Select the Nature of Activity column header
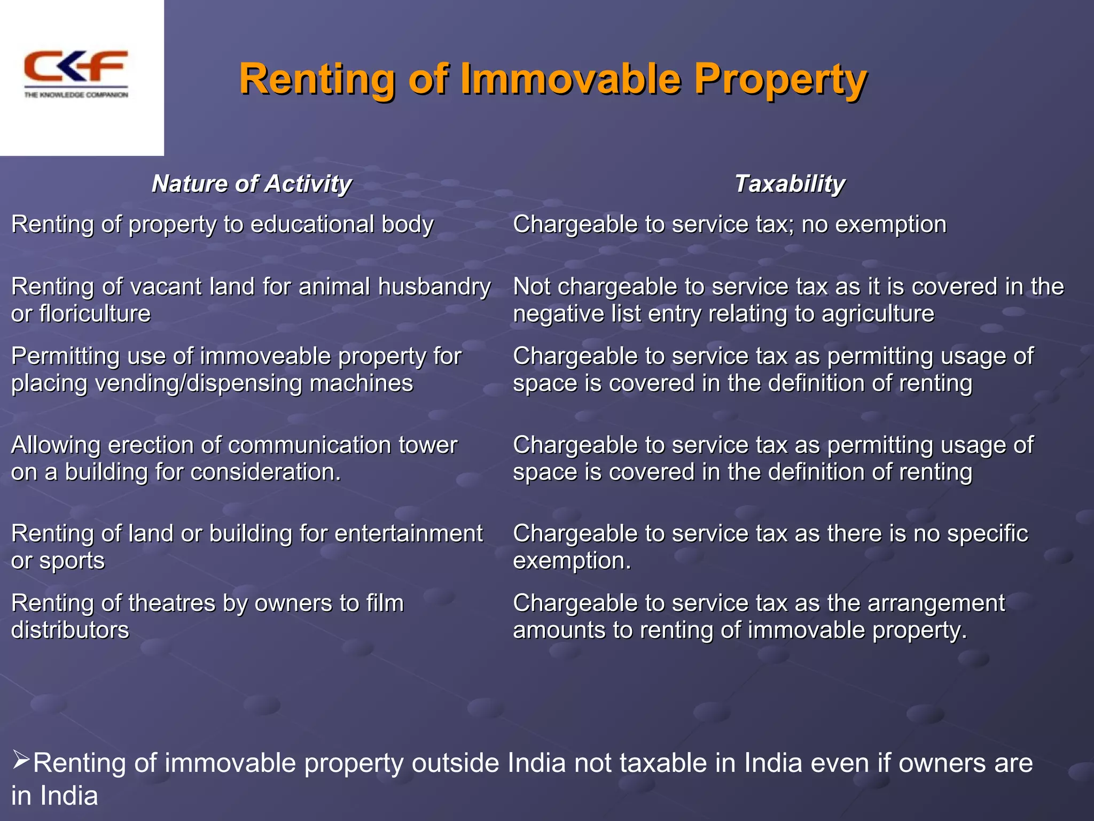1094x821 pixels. [251, 184]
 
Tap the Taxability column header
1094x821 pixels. [790, 184]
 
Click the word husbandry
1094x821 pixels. [434, 287]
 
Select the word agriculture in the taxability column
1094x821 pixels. [878, 314]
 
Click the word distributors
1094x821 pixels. [70, 631]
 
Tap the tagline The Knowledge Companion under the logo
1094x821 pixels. [76, 95]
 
